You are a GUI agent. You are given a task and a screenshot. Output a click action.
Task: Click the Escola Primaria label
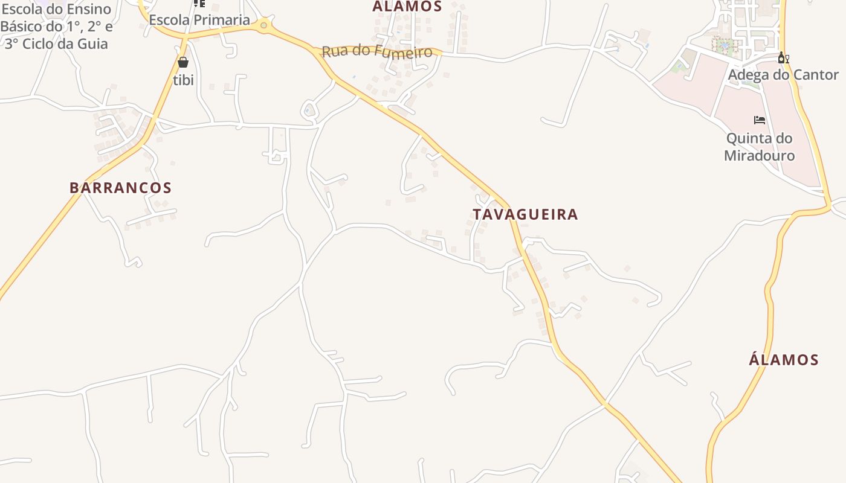click(x=199, y=20)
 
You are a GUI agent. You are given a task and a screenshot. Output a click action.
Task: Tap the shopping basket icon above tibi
click(x=183, y=62)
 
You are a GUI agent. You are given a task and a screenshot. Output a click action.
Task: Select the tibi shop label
click(x=183, y=80)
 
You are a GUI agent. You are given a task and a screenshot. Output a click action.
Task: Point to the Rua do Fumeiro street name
click(x=377, y=51)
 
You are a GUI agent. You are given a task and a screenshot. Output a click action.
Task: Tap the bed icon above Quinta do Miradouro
click(x=760, y=120)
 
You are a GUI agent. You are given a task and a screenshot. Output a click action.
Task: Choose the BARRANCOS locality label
click(x=121, y=188)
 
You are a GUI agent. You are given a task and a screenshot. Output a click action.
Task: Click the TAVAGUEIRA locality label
click(x=525, y=214)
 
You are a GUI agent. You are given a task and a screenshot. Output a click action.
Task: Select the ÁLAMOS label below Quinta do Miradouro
click(x=784, y=360)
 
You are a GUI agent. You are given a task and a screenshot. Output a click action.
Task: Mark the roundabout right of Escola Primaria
click(x=263, y=25)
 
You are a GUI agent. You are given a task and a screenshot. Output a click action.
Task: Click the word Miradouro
click(x=759, y=156)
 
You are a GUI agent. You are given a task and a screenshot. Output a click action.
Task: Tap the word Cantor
click(x=816, y=75)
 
